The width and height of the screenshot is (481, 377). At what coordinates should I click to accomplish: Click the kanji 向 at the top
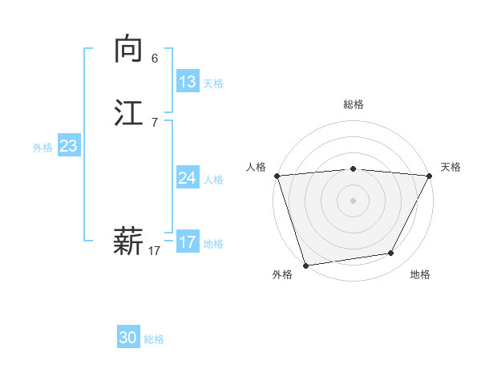pyautogui.click(x=128, y=50)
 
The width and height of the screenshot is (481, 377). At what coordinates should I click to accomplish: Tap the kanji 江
pyautogui.click(x=128, y=114)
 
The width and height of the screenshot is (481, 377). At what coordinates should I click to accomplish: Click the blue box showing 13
pyautogui.click(x=188, y=82)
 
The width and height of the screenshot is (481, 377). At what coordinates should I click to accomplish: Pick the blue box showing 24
pyautogui.click(x=188, y=178)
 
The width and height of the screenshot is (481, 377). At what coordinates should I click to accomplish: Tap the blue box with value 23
pyautogui.click(x=69, y=146)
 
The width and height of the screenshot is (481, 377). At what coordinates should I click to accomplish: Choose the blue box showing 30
pyautogui.click(x=128, y=338)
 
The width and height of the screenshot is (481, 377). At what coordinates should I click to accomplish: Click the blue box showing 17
pyautogui.click(x=188, y=242)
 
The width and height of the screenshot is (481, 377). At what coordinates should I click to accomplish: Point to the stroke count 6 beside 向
pyautogui.click(x=155, y=59)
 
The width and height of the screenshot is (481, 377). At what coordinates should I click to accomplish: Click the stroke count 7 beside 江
pyautogui.click(x=155, y=123)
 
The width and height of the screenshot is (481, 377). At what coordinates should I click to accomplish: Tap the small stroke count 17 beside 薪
pyautogui.click(x=155, y=251)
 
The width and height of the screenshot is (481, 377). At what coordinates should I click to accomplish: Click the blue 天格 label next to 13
pyautogui.click(x=213, y=83)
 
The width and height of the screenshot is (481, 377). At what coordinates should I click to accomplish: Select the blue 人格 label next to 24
pyautogui.click(x=213, y=180)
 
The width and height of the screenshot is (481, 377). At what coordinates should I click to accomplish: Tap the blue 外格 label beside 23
pyautogui.click(x=42, y=148)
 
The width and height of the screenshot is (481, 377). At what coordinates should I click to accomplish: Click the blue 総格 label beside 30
pyautogui.click(x=154, y=339)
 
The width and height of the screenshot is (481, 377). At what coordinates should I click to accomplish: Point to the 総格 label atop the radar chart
pyautogui.click(x=354, y=104)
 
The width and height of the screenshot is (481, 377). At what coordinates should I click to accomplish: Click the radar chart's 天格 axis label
pyautogui.click(x=451, y=167)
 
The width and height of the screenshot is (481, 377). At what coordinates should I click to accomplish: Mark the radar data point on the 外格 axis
pyautogui.click(x=305, y=265)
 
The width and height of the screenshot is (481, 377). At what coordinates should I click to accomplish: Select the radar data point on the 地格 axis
pyautogui.click(x=391, y=253)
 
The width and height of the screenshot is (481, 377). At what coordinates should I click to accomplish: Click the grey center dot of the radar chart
pyautogui.click(x=354, y=200)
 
